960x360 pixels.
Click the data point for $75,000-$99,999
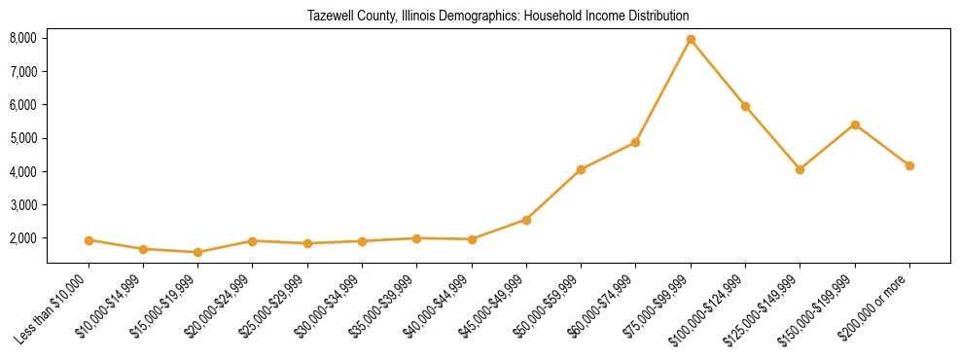pos(691,40)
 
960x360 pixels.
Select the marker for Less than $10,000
pos(89,240)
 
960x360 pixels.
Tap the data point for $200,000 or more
pos(909,165)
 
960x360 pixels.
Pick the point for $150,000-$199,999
pos(855,125)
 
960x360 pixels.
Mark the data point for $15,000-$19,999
pos(197,252)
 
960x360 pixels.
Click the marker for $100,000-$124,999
pos(745,106)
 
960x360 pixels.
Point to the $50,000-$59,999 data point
pos(581,169)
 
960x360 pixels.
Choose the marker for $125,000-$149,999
pos(800,169)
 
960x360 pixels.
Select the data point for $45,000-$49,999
pos(526,220)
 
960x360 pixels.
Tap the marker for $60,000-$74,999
pos(635,142)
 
